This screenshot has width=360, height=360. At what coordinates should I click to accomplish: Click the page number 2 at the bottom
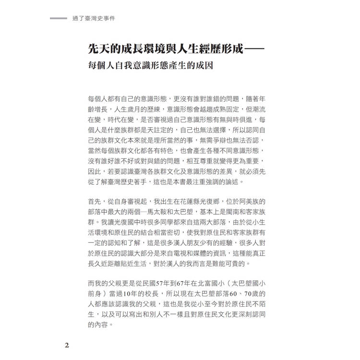(x=67, y=345)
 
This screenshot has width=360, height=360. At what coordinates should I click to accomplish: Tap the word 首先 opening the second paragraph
(x=94, y=202)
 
